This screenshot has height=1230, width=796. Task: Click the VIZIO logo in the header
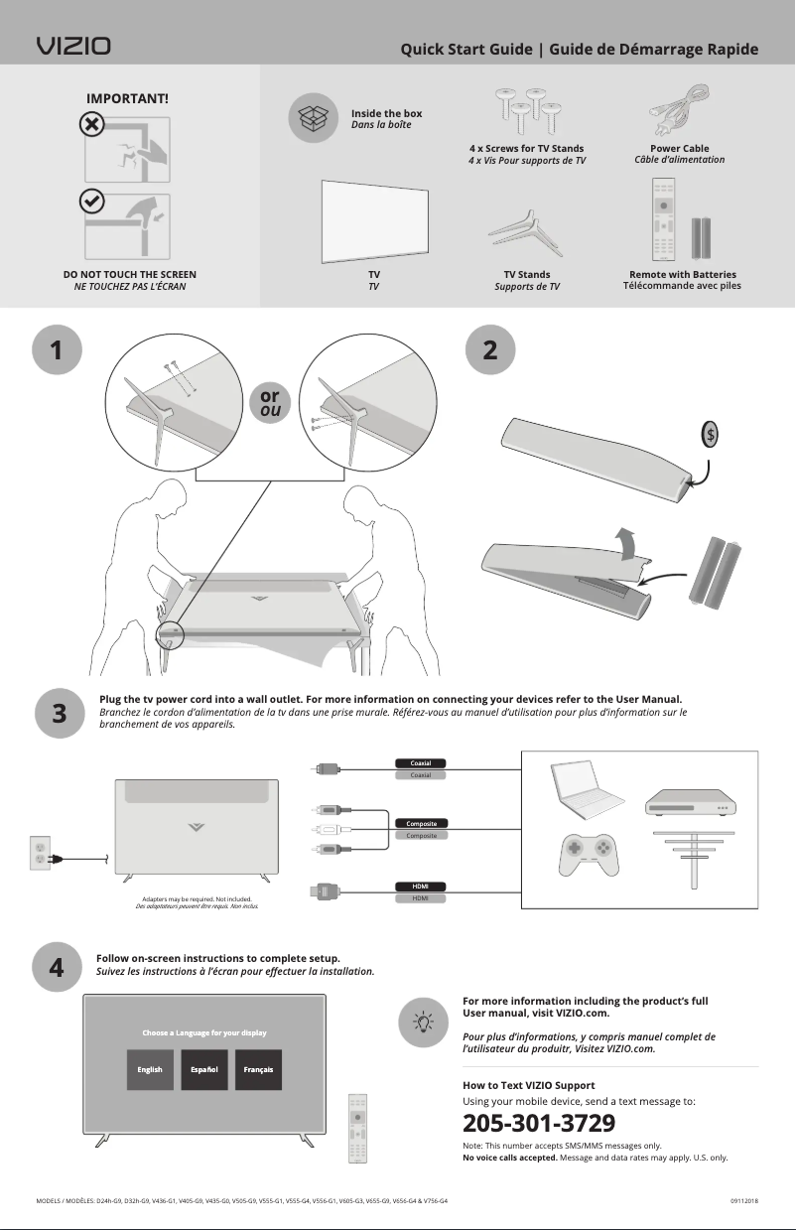pyautogui.click(x=73, y=47)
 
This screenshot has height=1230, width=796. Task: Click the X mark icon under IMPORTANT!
pyautogui.click(x=89, y=125)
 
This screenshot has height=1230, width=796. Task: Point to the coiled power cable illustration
pyautogui.click(x=679, y=112)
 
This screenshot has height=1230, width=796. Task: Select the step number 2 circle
pyautogui.click(x=490, y=350)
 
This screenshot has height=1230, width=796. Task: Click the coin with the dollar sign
pyautogui.click(x=710, y=435)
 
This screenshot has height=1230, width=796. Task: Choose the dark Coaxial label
pyautogui.click(x=422, y=763)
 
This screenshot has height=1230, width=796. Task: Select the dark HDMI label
pyautogui.click(x=421, y=886)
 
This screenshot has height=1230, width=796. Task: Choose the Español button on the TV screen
pyautogui.click(x=204, y=1069)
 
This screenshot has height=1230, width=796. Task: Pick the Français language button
pyautogui.click(x=258, y=1069)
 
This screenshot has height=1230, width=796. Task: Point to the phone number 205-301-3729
pyautogui.click(x=539, y=1124)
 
